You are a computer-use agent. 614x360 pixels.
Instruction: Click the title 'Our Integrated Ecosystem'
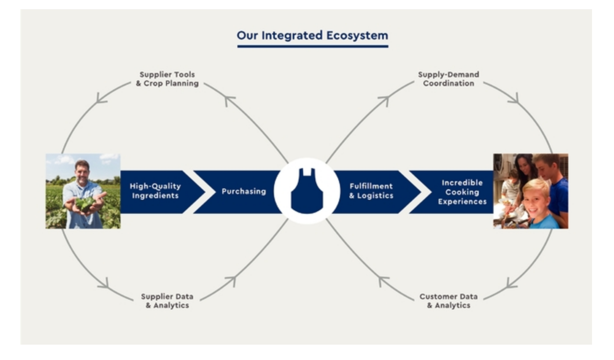click(312, 36)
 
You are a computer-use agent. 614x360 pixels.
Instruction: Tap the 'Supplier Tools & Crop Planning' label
click(167, 79)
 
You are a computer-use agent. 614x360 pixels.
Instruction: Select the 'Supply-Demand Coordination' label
click(449, 79)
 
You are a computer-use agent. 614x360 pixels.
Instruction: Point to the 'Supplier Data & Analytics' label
click(167, 301)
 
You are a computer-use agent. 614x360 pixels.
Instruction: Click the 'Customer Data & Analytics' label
click(449, 301)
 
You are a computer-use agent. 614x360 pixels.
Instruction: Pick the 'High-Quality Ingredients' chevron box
click(159, 192)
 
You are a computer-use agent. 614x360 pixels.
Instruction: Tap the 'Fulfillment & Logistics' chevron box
click(376, 192)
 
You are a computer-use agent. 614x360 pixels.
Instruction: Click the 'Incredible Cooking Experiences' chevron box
click(455, 192)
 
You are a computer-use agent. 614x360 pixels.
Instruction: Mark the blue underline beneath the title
click(313, 46)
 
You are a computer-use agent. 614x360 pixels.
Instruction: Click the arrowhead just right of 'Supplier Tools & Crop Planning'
click(229, 100)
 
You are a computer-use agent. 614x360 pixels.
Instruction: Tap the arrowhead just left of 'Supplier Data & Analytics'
click(104, 284)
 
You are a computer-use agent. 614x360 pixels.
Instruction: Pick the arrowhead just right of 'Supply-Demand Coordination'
click(514, 99)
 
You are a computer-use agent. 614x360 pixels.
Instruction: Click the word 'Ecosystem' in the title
click(357, 36)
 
